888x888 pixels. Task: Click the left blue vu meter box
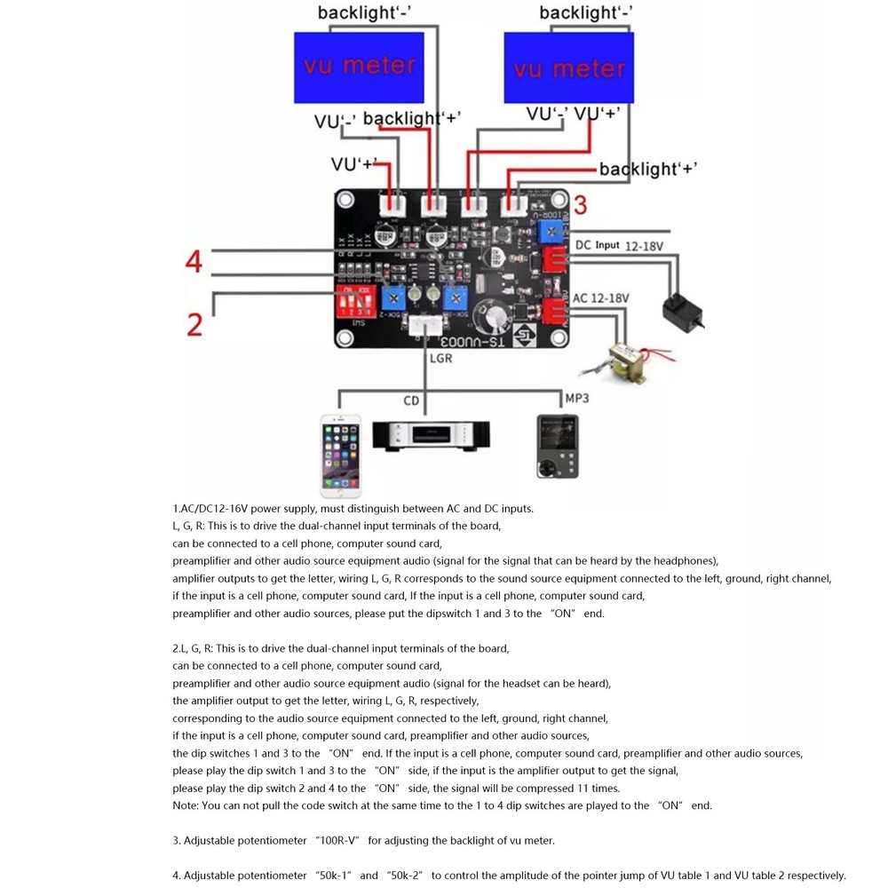click(360, 67)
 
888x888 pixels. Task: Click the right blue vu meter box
click(568, 68)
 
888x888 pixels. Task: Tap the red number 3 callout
click(580, 206)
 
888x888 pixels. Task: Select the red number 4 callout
click(194, 262)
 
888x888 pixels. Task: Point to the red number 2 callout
click(194, 324)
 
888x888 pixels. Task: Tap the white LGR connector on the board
click(426, 327)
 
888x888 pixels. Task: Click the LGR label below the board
click(440, 359)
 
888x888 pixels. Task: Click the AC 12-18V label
click(601, 298)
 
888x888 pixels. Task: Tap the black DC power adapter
click(682, 310)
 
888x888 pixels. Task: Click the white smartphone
click(341, 455)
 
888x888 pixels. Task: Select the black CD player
click(424, 436)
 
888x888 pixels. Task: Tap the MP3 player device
click(557, 447)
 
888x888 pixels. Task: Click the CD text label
click(411, 401)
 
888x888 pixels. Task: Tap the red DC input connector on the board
click(555, 260)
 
